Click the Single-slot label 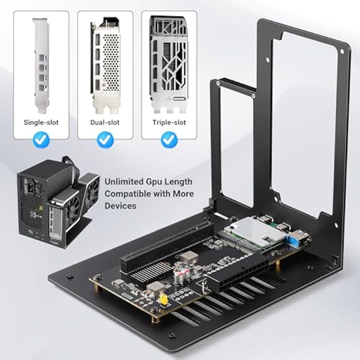41,122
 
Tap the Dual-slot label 106,122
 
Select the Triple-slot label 169,122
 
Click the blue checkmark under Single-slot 41,140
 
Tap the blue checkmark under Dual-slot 106,140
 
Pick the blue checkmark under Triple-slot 169,140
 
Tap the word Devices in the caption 120,205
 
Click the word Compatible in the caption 127,194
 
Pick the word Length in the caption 180,182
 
